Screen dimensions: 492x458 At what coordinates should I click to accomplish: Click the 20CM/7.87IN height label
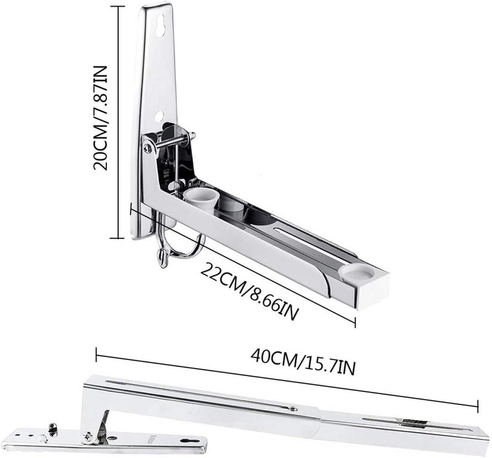101,118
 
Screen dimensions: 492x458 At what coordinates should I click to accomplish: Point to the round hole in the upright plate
159,114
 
